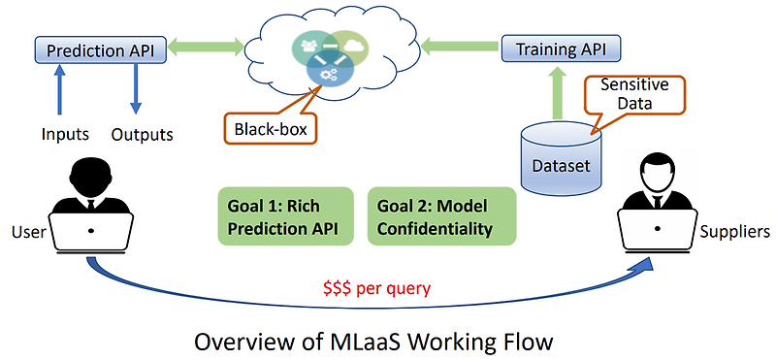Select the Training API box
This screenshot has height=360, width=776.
pyautogui.click(x=560, y=47)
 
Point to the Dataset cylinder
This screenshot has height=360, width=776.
pyautogui.click(x=561, y=161)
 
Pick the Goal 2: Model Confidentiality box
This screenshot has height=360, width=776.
pyautogui.click(x=441, y=215)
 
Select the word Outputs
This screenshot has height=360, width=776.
pyautogui.click(x=142, y=134)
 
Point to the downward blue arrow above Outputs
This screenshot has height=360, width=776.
pyautogui.click(x=137, y=92)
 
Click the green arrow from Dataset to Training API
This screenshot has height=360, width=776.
pyautogui.click(x=560, y=95)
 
